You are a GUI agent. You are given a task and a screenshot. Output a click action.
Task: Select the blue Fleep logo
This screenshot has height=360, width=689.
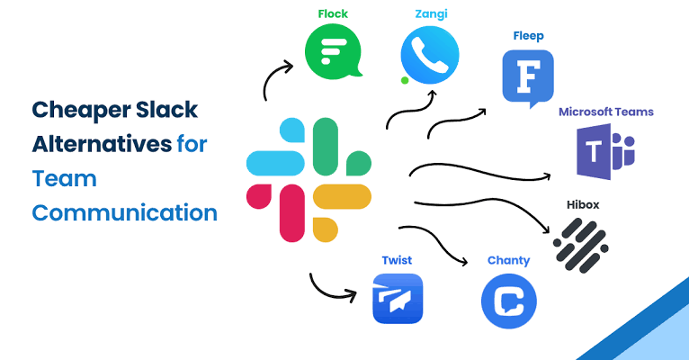click(x=527, y=77)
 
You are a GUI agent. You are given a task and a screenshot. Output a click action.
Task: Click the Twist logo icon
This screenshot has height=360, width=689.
click(x=397, y=299)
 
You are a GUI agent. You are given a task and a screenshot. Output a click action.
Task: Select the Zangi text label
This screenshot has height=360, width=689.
click(x=430, y=13)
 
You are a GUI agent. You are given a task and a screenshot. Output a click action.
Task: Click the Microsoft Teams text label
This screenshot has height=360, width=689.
click(x=605, y=112)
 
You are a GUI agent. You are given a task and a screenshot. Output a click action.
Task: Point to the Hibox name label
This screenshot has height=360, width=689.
click(x=583, y=205)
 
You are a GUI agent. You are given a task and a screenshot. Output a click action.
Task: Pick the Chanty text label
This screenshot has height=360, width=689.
click(x=508, y=261)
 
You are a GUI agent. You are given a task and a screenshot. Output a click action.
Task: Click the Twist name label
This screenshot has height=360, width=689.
click(x=397, y=260)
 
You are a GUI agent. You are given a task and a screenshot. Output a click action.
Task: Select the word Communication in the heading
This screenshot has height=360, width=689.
click(x=125, y=213)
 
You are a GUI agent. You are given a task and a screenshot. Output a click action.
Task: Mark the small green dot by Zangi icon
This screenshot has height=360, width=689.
click(x=405, y=81)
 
